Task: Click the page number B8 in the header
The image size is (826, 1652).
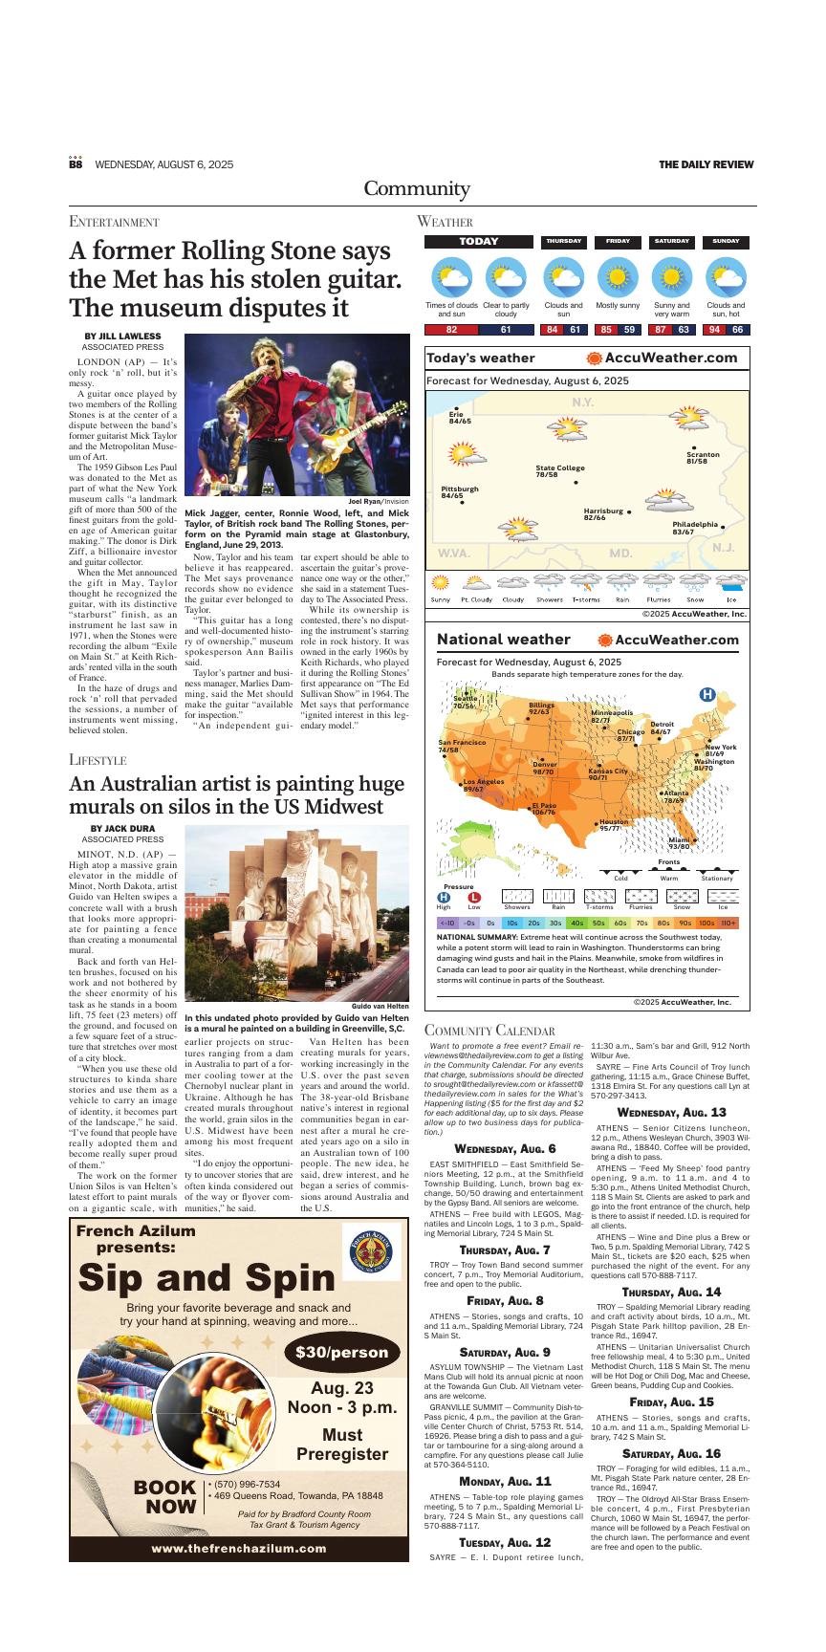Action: [x=76, y=164]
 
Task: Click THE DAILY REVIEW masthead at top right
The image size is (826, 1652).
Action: [x=706, y=164]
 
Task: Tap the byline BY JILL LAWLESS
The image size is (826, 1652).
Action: [x=122, y=337]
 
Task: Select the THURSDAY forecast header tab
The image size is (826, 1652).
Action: [x=563, y=242]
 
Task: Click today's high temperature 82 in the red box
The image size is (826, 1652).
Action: [x=451, y=330]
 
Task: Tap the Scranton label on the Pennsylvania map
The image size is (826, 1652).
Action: [x=703, y=457]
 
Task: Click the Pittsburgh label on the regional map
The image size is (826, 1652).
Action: [x=460, y=491]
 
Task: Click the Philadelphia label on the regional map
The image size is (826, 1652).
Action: [x=695, y=527]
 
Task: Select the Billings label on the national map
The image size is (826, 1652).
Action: [x=541, y=707]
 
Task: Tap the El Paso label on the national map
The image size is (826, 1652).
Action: [x=543, y=809]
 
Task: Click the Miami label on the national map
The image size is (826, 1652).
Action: [x=680, y=842]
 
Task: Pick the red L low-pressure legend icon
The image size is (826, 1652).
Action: [x=474, y=897]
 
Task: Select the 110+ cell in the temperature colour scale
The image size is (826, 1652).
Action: [x=728, y=924]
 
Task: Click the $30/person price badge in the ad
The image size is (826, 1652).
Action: [x=341, y=1352]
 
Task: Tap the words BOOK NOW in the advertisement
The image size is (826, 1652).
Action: [x=164, y=1497]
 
